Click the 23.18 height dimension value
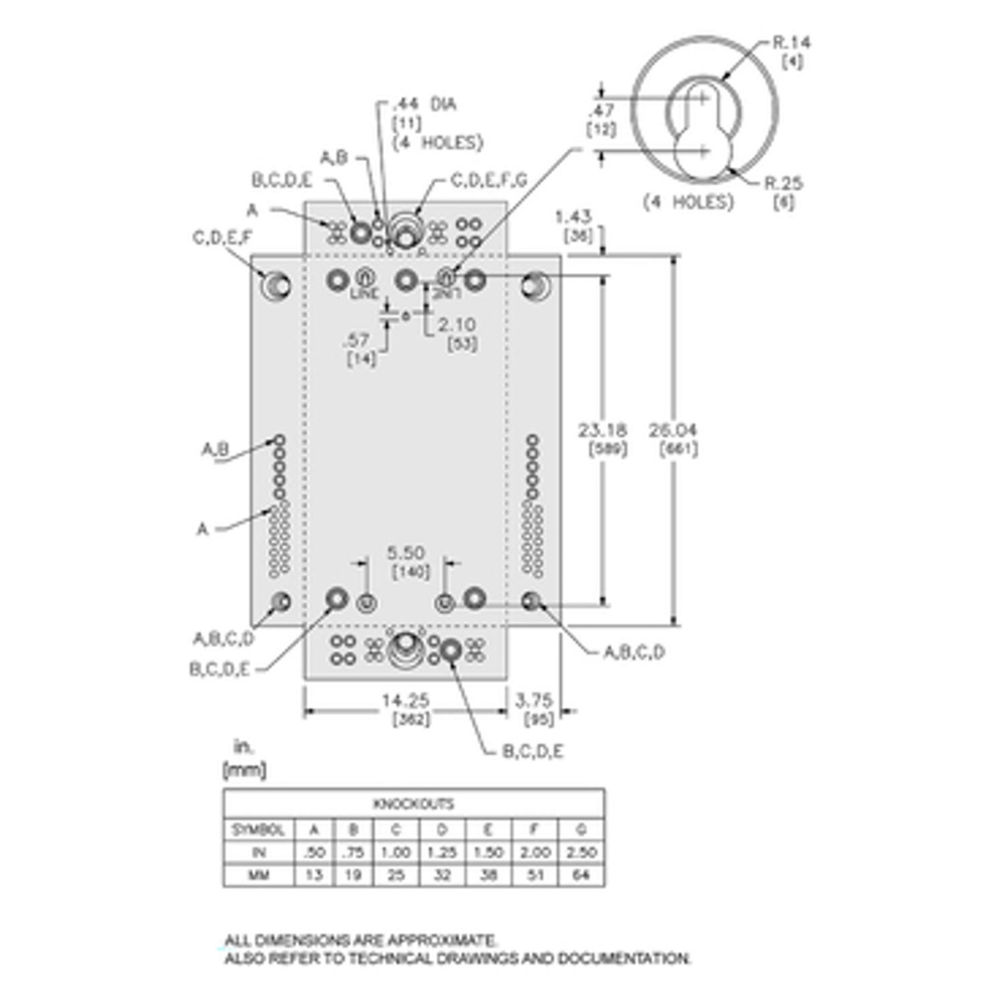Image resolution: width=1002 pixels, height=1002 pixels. [x=603, y=431]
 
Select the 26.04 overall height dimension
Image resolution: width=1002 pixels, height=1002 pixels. [x=673, y=431]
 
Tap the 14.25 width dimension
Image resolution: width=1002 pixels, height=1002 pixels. [x=405, y=701]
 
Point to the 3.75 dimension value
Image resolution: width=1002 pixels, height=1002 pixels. [x=534, y=701]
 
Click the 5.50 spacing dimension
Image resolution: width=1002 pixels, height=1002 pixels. [x=405, y=553]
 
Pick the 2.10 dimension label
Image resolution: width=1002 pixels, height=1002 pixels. [x=457, y=324]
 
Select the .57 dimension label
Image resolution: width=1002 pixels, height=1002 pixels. [x=357, y=340]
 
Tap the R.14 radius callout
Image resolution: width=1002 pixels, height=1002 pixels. [x=791, y=43]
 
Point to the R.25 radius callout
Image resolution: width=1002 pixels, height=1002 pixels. [x=784, y=184]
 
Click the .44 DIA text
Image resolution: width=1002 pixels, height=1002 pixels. [x=425, y=105]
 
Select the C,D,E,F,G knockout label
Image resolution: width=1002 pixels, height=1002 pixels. [x=488, y=180]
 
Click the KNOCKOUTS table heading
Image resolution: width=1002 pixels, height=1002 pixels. [x=413, y=804]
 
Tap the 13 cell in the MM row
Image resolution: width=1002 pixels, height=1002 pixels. [x=314, y=876]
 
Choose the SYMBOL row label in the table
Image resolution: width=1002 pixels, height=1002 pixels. [x=258, y=830]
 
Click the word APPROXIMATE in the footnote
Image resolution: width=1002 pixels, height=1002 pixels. [x=448, y=941]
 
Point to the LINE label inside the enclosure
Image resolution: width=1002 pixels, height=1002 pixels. [x=364, y=294]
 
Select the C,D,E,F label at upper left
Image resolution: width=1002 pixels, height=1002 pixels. [x=221, y=239]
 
